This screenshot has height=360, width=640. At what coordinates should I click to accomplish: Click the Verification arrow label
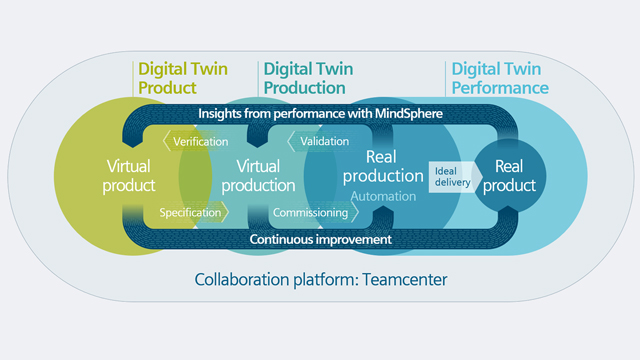(x=196, y=142)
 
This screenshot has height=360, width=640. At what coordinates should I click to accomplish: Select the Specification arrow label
(x=187, y=212)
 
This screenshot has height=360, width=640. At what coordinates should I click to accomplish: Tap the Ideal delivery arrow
(x=451, y=177)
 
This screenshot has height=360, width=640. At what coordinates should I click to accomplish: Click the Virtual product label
(x=132, y=176)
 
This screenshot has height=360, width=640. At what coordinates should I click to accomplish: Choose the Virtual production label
(x=255, y=176)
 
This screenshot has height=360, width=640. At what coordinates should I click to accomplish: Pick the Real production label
(x=376, y=168)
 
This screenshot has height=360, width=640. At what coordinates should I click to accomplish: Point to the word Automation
(x=383, y=196)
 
